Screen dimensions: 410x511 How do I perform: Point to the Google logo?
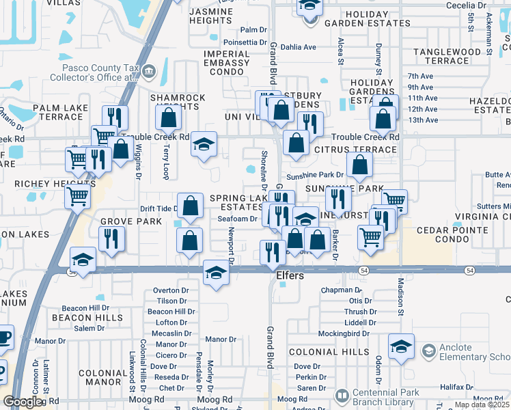pyautogui.click(x=22, y=402)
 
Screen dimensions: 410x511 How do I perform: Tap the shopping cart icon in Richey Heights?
pyautogui.click(x=78, y=197)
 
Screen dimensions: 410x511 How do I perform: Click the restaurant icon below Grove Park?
pyautogui.click(x=109, y=239)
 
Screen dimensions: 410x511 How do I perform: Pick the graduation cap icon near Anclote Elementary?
pyautogui.click(x=401, y=346)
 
